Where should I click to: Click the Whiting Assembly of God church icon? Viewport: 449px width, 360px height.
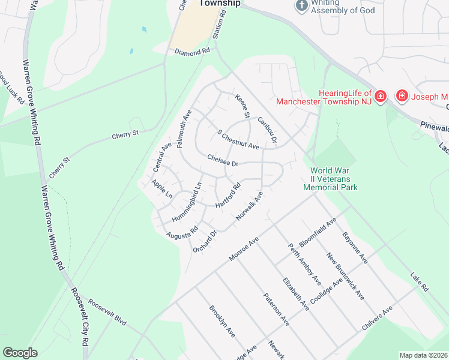(x=302, y=5)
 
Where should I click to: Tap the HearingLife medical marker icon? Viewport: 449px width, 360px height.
(x=381, y=96)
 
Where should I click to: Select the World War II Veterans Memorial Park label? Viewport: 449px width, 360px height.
(x=330, y=179)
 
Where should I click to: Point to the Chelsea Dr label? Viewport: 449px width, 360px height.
(x=223, y=160)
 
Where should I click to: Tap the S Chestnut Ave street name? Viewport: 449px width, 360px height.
(x=238, y=140)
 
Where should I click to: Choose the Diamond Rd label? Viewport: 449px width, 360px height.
(x=192, y=52)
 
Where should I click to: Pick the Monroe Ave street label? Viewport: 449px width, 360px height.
(x=244, y=248)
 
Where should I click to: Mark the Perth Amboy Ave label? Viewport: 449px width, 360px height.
(x=304, y=264)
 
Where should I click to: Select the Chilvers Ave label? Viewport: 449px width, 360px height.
(x=377, y=317)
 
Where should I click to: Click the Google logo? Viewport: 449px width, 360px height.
(x=20, y=353)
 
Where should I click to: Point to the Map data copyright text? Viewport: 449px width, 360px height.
(x=424, y=355)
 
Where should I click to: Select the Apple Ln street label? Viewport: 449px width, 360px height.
(x=161, y=189)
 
